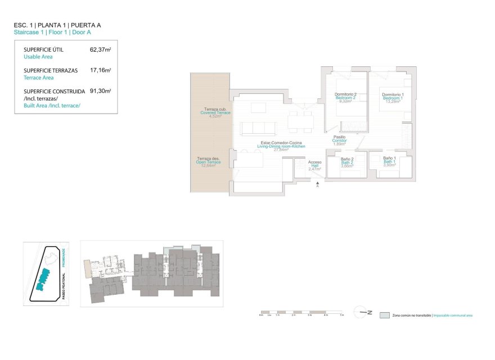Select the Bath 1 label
coord(390,162)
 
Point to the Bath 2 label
coord(347,163)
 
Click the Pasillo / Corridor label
coord(339,140)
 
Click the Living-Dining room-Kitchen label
coord(281,146)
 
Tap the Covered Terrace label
coord(215,112)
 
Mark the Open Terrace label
coord(209,162)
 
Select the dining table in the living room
coord(300,120)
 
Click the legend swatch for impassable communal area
coord(385,316)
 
